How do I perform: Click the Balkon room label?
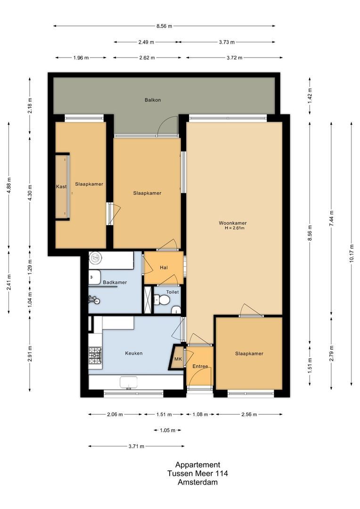click(153, 100)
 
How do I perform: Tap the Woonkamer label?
click(232, 223)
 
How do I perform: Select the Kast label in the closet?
click(61, 187)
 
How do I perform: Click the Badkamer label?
click(115, 282)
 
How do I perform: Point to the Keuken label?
click(133, 353)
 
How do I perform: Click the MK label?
click(178, 359)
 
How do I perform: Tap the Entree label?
click(200, 366)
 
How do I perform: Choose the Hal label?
click(164, 268)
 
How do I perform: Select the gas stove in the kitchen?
click(95, 355)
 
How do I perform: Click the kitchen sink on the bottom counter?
click(129, 382)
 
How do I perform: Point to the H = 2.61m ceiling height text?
click(234, 229)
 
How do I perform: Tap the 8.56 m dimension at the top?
click(164, 26)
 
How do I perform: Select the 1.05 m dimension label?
click(167, 430)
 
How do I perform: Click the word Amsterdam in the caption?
click(197, 482)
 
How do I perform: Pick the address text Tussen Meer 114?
click(197, 474)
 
